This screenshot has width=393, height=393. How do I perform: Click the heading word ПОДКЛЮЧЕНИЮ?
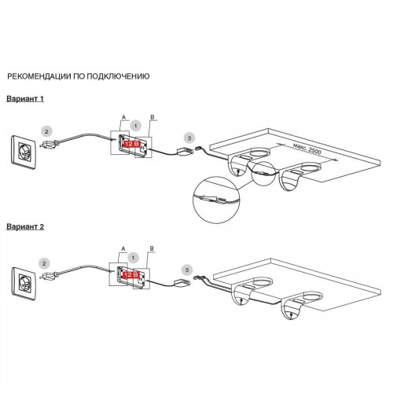click(x=118, y=76)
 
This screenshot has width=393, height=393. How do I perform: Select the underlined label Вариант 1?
click(x=25, y=99)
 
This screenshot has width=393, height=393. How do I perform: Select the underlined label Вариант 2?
click(x=25, y=226)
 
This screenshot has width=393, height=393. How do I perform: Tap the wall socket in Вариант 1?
click(x=24, y=152)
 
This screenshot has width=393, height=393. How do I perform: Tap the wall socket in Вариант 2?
click(x=24, y=284)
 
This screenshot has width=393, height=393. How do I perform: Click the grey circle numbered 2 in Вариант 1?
click(x=47, y=131)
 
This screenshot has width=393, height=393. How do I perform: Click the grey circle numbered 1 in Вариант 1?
click(x=135, y=126)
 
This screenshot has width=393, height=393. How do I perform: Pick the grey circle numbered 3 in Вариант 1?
click(x=189, y=138)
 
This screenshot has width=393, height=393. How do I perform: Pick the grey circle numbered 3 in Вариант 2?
click(x=187, y=270)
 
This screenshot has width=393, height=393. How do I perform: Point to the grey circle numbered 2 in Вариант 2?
click(x=44, y=263)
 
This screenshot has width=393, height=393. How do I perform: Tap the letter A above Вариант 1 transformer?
click(x=123, y=117)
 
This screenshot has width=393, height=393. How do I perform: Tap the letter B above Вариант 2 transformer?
click(x=152, y=248)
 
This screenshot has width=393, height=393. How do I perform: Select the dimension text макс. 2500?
click(x=307, y=149)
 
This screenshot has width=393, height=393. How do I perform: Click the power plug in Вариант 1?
click(x=50, y=144)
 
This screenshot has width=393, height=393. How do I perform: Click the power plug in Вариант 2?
click(x=49, y=275)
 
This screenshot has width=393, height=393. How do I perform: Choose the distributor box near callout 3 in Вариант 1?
click(x=185, y=152)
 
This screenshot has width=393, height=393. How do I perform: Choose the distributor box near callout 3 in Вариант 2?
click(x=182, y=283)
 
